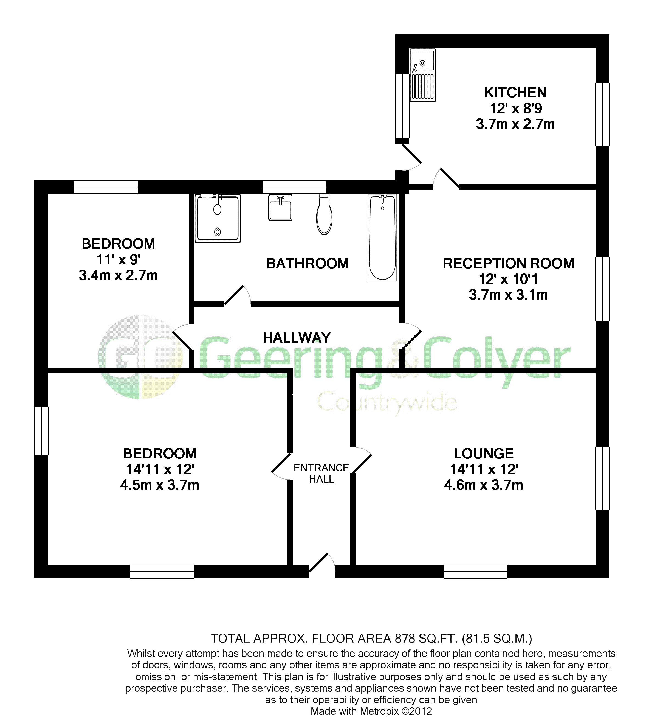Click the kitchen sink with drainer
click(423, 75)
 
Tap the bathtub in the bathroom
click(382, 238)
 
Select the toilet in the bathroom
click(324, 215)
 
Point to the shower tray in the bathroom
click(218, 218)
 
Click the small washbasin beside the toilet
click(280, 207)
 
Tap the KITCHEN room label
click(515, 93)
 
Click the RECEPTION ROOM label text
click(508, 264)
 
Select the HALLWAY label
click(297, 338)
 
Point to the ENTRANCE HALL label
click(321, 474)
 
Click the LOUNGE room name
click(484, 454)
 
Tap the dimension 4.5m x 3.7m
click(160, 485)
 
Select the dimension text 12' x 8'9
click(516, 108)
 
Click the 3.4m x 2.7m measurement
click(118, 276)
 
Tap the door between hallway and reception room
click(410, 336)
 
